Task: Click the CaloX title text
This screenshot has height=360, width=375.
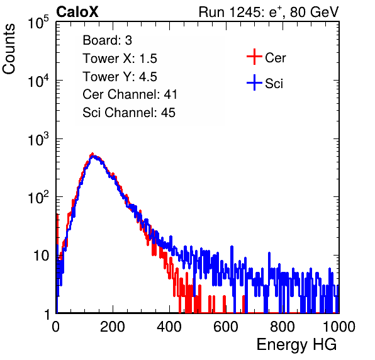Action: click(77, 12)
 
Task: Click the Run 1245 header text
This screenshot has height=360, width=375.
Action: click(269, 12)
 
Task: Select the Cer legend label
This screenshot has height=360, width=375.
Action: click(275, 58)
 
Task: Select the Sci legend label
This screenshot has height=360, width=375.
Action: click(274, 84)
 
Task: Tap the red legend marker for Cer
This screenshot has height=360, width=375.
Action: click(254, 57)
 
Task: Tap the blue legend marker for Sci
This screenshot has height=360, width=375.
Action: click(254, 82)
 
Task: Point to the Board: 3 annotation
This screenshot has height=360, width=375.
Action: click(108, 40)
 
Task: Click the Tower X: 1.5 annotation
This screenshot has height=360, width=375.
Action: click(120, 59)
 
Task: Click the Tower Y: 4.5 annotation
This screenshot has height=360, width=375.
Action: click(120, 77)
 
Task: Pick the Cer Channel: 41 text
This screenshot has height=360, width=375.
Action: click(130, 94)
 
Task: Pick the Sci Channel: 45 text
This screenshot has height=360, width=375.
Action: click(129, 113)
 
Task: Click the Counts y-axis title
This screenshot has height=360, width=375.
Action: click(9, 48)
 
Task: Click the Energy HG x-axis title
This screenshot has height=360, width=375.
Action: click(296, 345)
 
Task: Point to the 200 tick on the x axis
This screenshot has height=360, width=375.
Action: click(113, 327)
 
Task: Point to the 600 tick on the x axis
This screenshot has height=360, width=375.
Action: click(226, 327)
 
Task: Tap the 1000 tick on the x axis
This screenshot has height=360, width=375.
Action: click(339, 327)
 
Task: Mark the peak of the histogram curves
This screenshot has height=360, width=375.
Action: click(92, 154)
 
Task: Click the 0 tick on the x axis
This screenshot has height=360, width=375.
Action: click(56, 327)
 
